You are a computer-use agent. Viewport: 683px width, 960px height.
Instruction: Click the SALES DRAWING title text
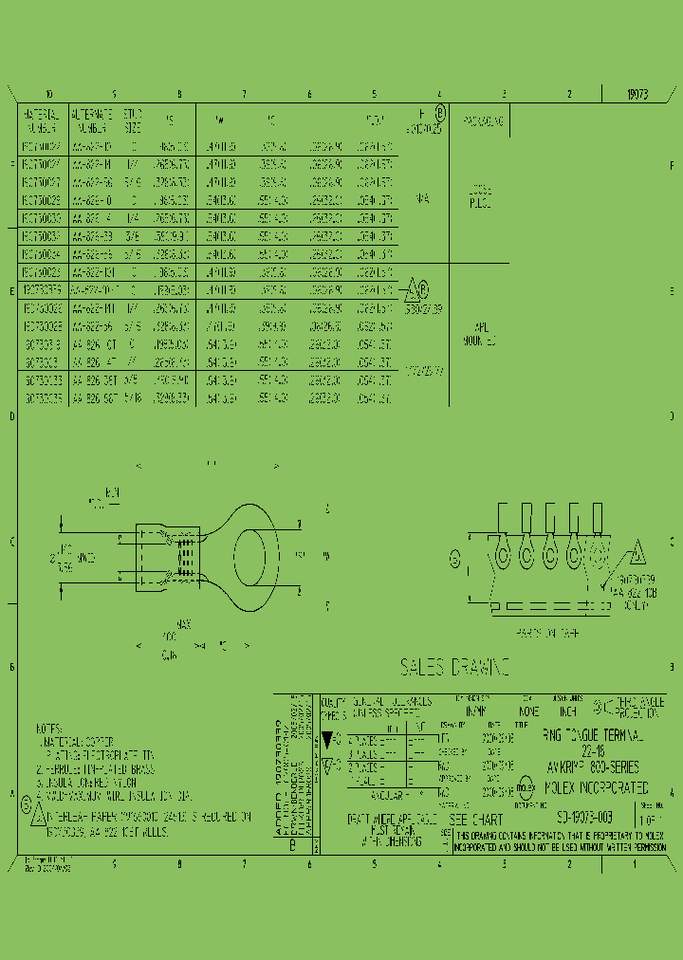(x=454, y=668)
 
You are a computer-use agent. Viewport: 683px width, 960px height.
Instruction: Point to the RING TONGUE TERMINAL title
(x=592, y=735)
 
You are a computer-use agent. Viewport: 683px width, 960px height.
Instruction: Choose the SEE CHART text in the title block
(x=475, y=818)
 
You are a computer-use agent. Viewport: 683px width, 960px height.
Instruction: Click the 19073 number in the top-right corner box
(x=637, y=95)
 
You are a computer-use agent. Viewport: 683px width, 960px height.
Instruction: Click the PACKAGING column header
(x=484, y=122)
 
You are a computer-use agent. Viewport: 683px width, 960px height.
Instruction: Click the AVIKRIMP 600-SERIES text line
(x=592, y=766)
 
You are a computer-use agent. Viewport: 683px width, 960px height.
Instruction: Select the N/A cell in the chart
(x=422, y=200)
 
